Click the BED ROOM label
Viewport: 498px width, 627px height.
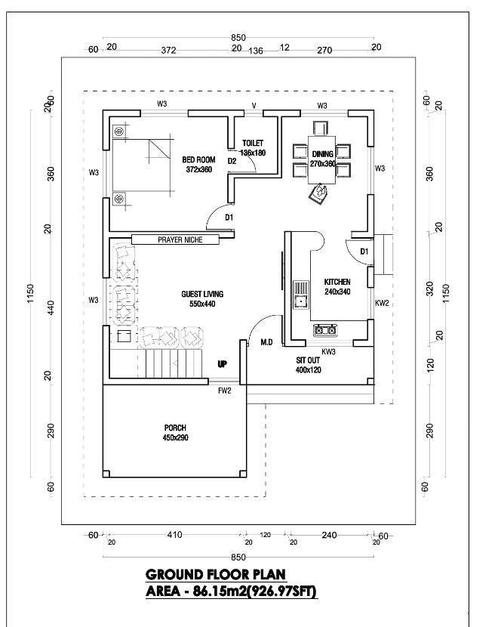tap(198, 160)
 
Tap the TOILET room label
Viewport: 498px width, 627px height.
tap(253, 143)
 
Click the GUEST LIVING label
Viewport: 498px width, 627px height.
tap(202, 294)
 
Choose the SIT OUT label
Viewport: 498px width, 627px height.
tap(309, 360)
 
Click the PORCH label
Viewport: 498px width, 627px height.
tap(174, 428)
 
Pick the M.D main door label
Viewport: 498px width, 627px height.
tap(266, 342)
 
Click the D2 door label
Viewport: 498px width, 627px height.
tap(232, 160)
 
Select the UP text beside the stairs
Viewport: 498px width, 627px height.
tap(222, 363)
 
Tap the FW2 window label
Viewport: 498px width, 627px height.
tap(224, 391)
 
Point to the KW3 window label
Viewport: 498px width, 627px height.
tap(328, 352)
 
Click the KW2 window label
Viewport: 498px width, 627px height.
tap(382, 303)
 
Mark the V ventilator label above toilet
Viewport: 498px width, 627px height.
tap(254, 106)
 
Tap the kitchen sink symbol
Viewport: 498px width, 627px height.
tap(300, 295)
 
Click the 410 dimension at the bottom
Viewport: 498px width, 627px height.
tap(174, 535)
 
